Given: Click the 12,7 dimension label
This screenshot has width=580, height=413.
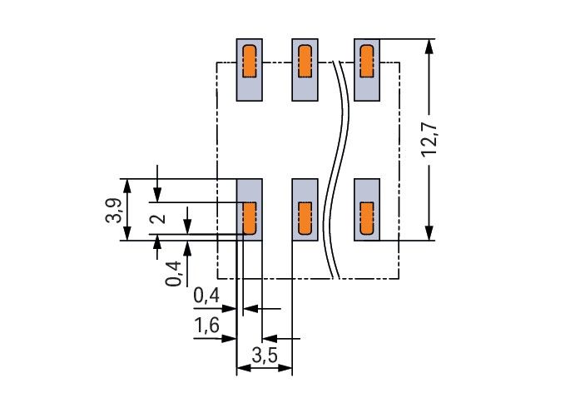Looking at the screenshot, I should (x=429, y=141).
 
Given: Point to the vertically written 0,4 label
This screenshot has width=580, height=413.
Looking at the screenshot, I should (x=174, y=272).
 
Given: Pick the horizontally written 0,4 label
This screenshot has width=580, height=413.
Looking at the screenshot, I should (x=206, y=296).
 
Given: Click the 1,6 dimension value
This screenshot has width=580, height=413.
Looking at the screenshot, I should (x=206, y=326).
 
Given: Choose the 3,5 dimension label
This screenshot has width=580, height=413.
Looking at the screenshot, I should (x=264, y=356).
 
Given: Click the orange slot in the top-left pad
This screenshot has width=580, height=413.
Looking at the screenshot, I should (x=249, y=61).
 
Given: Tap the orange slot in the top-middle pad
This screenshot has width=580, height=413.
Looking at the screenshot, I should (x=305, y=61).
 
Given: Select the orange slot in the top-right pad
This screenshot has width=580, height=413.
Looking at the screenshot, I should (x=365, y=61).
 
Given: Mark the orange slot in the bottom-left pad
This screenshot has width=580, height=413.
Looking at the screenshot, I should (x=249, y=218).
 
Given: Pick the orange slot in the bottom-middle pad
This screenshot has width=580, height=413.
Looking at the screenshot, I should (x=305, y=218).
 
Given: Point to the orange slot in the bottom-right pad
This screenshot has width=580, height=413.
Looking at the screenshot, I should (x=365, y=218).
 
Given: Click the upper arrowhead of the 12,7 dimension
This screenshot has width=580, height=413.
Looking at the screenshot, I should (x=429, y=47).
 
